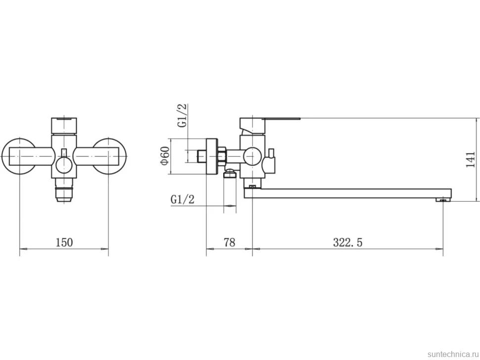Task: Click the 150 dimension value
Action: point(64,242)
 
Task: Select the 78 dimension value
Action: point(229,242)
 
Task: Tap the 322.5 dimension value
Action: point(347,242)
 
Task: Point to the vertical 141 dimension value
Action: point(471,160)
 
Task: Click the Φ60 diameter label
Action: point(165,156)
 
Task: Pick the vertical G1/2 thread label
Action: point(182,115)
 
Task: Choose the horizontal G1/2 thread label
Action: point(183,199)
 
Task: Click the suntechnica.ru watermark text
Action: point(453,354)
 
